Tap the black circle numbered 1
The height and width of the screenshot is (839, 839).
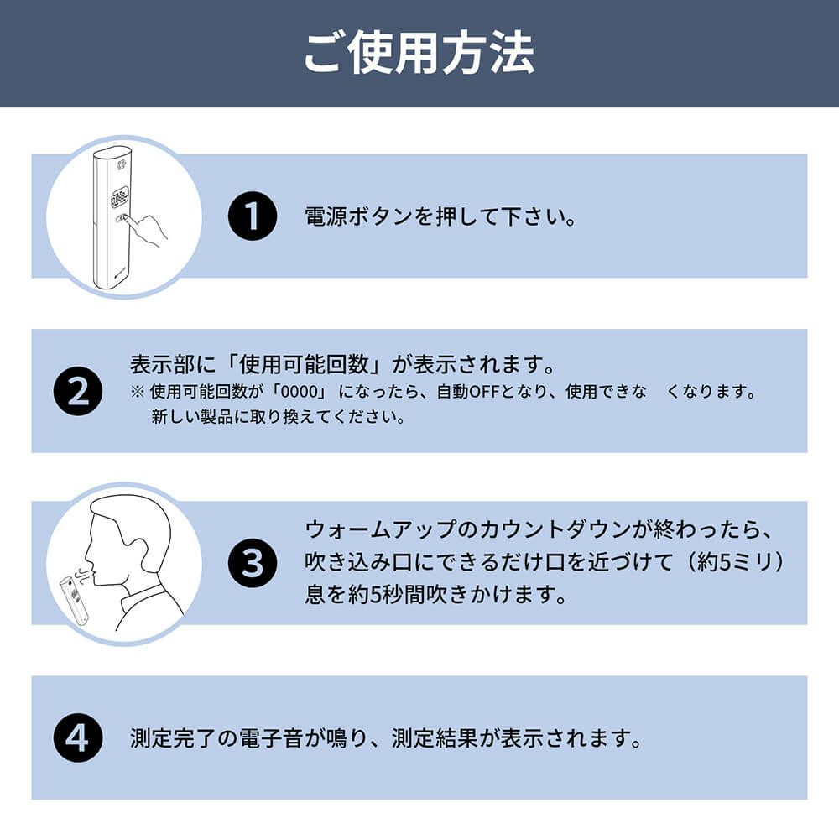253,216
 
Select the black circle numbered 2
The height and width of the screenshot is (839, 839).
77,391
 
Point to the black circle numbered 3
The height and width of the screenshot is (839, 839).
253,563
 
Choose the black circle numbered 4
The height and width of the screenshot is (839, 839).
77,737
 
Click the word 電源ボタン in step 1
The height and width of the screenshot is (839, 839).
358,217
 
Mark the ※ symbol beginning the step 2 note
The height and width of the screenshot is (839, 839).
138,393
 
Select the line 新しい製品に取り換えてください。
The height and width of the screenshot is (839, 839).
278,417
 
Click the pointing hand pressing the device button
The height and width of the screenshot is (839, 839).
150,227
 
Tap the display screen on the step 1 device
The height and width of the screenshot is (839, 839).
120,198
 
